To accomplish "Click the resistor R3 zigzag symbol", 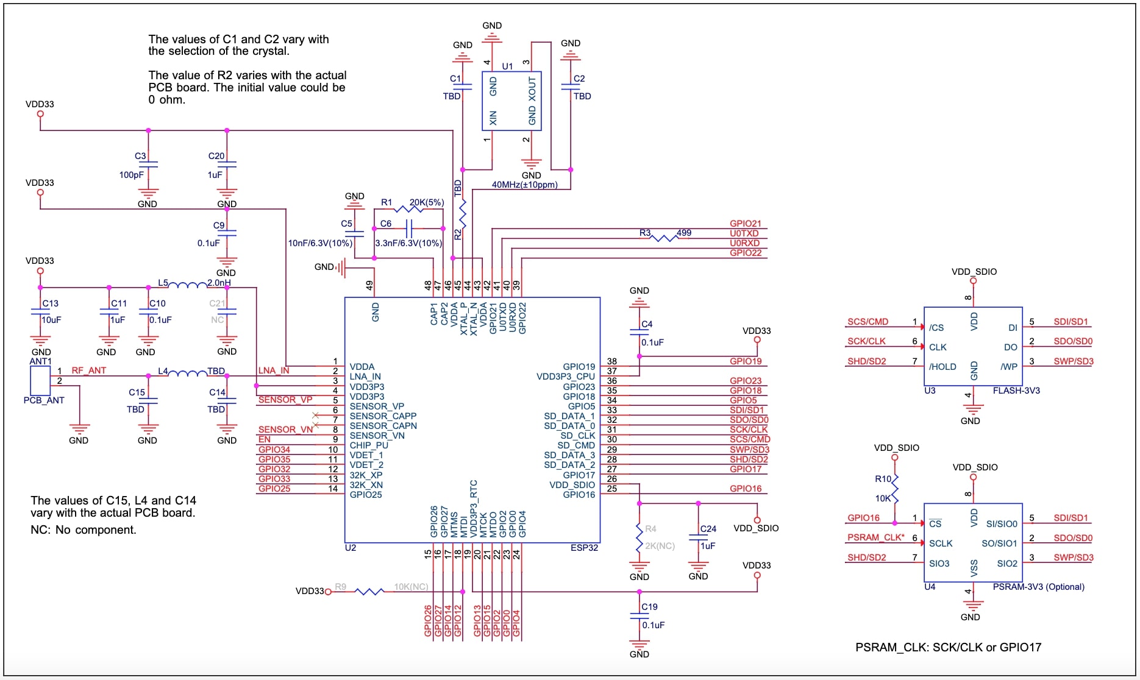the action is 664,238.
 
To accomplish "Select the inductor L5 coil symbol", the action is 188,285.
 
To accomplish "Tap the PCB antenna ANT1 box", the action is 40,380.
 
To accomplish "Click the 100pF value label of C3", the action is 132,175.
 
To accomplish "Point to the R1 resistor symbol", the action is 409,209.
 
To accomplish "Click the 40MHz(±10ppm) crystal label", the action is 524,185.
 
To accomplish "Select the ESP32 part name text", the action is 584,548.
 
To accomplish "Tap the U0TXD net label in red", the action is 744,233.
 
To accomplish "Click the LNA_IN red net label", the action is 274,370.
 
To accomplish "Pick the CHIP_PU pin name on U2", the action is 369,445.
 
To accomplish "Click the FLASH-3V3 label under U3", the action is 1016,391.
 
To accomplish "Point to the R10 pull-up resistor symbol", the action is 895,489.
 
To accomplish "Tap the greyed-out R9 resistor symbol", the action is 369,591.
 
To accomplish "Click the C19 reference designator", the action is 649,607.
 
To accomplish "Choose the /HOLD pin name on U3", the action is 942,367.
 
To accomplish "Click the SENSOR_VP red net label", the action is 285,400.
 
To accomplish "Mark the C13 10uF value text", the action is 51,320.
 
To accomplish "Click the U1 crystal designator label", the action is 507,66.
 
